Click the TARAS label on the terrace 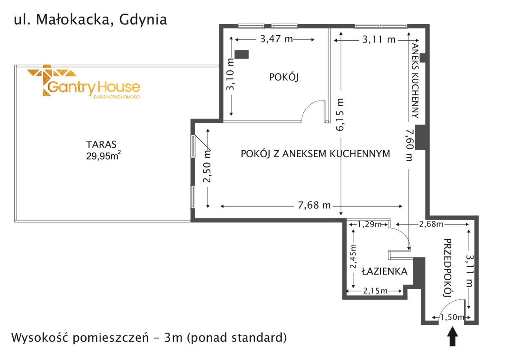point(101,144)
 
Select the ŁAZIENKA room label point(385,271)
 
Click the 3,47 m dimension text point(276,39)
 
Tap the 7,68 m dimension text point(312,206)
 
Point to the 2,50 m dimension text point(207,166)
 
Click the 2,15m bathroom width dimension point(375,291)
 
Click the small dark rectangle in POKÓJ point(242,54)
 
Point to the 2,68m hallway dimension point(431,224)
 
